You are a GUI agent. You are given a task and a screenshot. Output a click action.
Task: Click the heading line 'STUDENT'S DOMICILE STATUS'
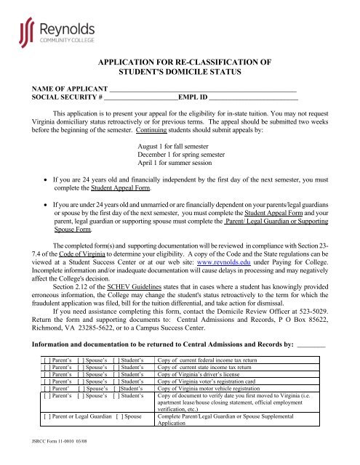(x=179, y=73)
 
